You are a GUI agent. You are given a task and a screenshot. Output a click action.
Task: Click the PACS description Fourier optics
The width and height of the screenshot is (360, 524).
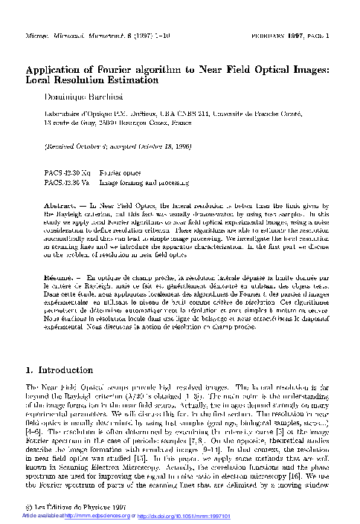click(123, 170)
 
